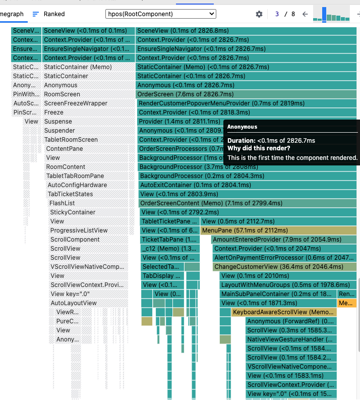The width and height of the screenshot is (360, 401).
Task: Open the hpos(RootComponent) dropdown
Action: pyautogui.click(x=161, y=14)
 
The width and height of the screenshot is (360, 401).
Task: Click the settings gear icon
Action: pyautogui.click(x=259, y=14)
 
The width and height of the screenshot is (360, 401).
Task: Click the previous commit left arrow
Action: pyautogui.click(x=305, y=14)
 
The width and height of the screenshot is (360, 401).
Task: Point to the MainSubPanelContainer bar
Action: pyautogui.click(x=278, y=294)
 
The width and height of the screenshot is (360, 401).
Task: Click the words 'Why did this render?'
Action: pyautogui.click(x=259, y=148)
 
